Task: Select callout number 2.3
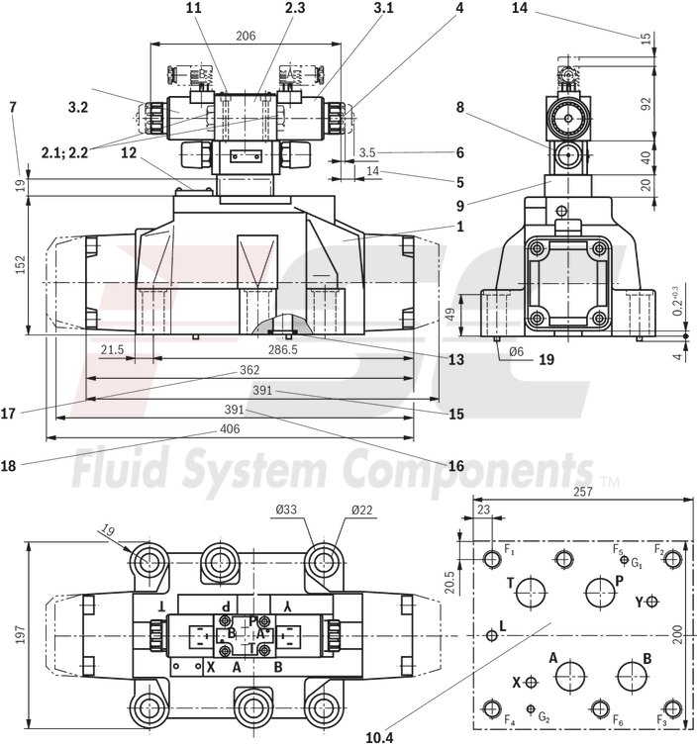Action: pos(266,8)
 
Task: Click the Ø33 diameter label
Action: pos(288,511)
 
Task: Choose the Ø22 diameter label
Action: pos(363,511)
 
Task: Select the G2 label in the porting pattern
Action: pos(545,717)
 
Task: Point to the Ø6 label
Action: pos(515,353)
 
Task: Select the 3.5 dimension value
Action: pos(367,153)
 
